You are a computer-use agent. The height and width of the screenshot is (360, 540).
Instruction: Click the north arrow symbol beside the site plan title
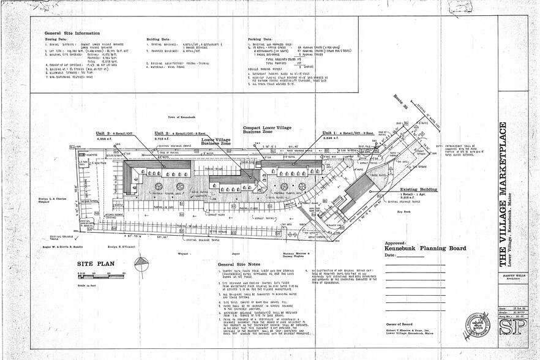click(x=143, y=264)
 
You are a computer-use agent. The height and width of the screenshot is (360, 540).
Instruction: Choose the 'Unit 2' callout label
click(x=161, y=133)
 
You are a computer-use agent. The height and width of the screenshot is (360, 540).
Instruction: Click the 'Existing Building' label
click(x=419, y=190)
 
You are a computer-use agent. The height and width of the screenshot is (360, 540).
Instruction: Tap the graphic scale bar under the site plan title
click(x=100, y=274)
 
